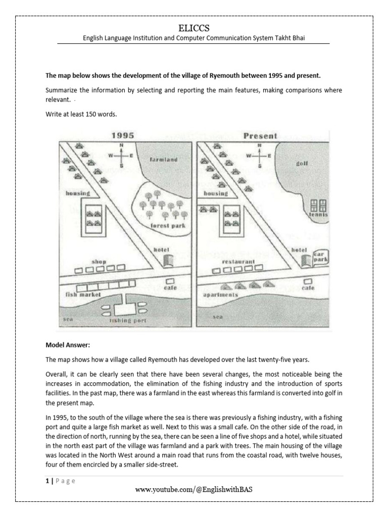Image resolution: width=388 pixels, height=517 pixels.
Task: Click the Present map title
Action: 260,135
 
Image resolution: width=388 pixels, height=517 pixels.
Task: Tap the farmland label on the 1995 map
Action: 163,160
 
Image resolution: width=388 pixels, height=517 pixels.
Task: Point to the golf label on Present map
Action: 303,164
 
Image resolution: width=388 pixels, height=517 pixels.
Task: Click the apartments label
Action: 220,295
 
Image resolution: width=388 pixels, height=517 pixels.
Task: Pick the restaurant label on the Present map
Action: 237,263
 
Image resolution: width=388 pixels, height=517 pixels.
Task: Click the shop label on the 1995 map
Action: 99,262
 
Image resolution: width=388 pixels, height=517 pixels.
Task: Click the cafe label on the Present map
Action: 308,288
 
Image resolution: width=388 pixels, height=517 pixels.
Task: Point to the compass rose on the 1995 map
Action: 121,156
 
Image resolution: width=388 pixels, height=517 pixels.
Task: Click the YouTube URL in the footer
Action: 193,490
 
